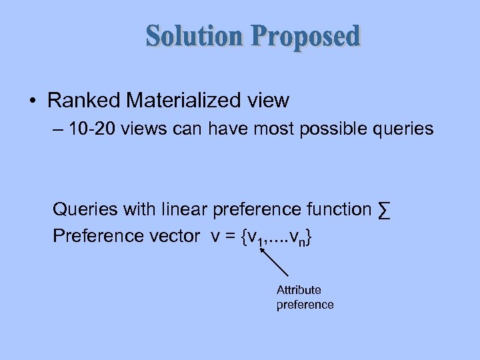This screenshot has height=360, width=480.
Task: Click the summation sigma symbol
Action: tap(383, 210)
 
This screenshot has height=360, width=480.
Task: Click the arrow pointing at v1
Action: tap(273, 261)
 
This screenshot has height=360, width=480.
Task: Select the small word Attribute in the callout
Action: tap(299, 290)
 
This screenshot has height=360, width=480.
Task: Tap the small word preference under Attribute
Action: tap(305, 305)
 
